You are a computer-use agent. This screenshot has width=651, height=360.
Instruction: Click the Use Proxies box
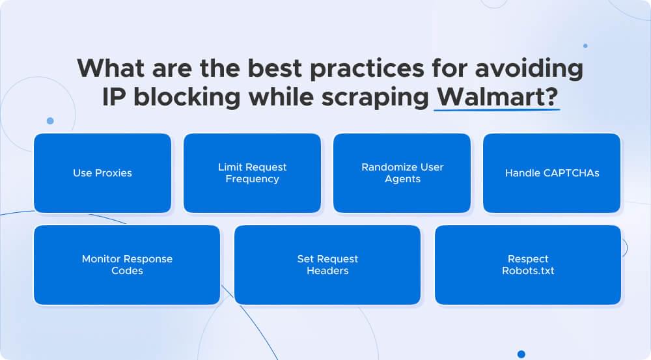pos(102,173)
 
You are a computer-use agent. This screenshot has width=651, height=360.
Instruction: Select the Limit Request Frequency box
pos(252,173)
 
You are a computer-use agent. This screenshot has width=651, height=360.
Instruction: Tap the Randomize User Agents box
pos(402,173)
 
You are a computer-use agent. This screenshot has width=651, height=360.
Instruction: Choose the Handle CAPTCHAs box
pos(551,173)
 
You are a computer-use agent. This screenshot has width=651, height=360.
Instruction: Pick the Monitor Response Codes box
pos(127,265)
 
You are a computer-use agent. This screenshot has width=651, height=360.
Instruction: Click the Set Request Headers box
pos(327,265)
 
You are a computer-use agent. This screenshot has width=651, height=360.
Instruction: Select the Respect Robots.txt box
pos(528,265)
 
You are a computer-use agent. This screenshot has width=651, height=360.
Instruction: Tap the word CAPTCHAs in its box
pos(566,173)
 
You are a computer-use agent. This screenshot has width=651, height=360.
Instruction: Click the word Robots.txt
pos(528,271)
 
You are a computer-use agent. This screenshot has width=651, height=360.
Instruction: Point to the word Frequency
pos(252,179)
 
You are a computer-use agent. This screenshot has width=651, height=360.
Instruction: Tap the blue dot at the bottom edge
pos(521,354)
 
